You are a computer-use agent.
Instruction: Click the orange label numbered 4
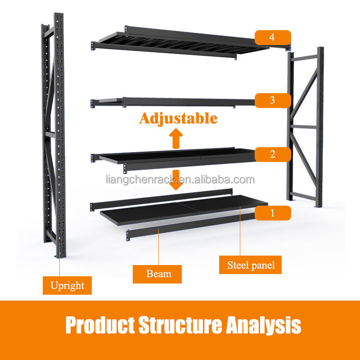click(x=273, y=37)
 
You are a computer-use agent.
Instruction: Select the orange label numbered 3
click(x=273, y=100)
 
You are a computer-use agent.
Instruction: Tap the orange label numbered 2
click(x=273, y=154)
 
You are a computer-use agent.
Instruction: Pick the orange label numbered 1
click(x=273, y=212)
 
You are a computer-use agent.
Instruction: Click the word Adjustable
click(x=178, y=118)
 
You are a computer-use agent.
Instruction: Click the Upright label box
click(x=67, y=285)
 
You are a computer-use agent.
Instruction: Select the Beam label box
click(x=157, y=274)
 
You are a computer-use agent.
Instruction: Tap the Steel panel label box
click(x=251, y=265)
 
